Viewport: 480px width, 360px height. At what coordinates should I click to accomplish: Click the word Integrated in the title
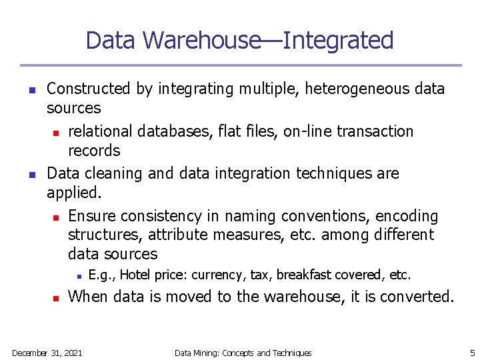tap(338, 41)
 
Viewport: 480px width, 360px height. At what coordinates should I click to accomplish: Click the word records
tap(94, 150)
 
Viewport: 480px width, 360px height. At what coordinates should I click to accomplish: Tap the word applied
tap(75, 193)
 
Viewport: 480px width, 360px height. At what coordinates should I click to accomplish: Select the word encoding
tap(407, 216)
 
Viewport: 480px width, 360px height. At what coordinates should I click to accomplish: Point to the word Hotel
tap(135, 275)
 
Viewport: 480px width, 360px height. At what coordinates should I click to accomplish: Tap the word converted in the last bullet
tap(418, 297)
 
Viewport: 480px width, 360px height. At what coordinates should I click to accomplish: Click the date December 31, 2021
tap(47, 353)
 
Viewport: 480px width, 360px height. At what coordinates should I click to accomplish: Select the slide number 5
tap(471, 353)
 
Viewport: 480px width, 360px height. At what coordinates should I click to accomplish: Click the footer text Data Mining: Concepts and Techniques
tap(243, 353)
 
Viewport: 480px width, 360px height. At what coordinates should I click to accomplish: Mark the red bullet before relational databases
tap(57, 132)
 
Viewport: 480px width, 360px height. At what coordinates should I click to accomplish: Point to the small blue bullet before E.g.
tap(78, 275)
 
